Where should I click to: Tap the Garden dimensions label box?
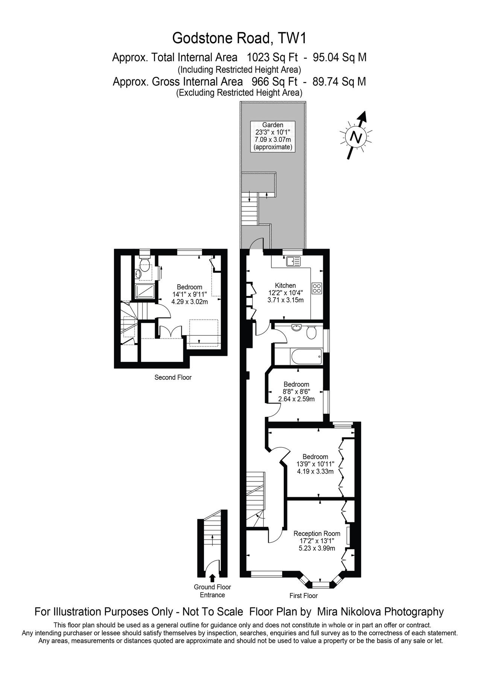click(273, 136)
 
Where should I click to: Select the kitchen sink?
click(292, 261)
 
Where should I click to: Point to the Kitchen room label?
click(285, 285)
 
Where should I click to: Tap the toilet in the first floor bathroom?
click(311, 332)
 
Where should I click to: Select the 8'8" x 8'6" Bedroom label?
click(297, 392)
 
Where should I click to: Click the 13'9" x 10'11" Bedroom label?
click(315, 464)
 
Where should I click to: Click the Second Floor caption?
click(173, 377)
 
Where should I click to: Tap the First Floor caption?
click(303, 595)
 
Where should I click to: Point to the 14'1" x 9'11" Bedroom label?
click(190, 294)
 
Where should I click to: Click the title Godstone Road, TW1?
click(239, 38)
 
